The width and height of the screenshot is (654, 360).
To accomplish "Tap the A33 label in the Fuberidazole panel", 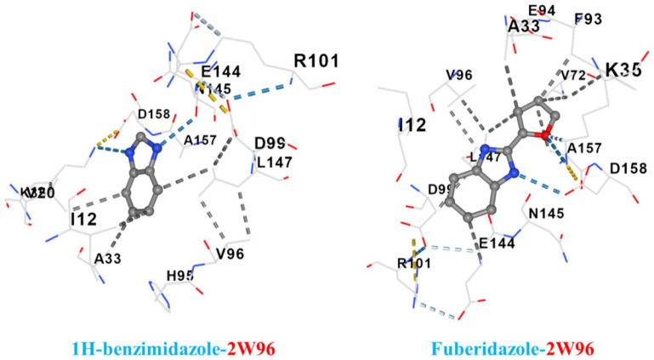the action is pyautogui.click(x=525, y=28).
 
